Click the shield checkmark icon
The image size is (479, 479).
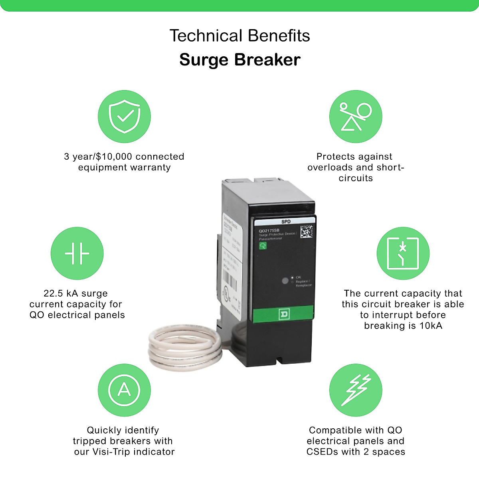pos(124,117)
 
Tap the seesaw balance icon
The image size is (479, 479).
pos(355,117)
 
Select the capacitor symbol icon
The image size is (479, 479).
pos(77,253)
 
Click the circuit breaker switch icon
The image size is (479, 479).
pos(403,253)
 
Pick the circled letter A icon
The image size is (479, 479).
pos(124,390)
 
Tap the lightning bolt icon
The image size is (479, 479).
pos(355,390)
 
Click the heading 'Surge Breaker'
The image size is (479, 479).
pos(239,60)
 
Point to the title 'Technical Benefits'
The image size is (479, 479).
pos(239,36)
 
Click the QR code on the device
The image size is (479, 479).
pos(307,231)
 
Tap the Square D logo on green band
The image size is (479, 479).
pos(284,315)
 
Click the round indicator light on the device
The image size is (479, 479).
pos(285,281)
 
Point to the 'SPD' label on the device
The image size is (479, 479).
pos(286,222)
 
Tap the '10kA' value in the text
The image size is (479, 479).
pos(430,326)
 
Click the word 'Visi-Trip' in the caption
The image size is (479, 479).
pos(111,452)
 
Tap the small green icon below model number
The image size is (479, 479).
pos(263,245)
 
